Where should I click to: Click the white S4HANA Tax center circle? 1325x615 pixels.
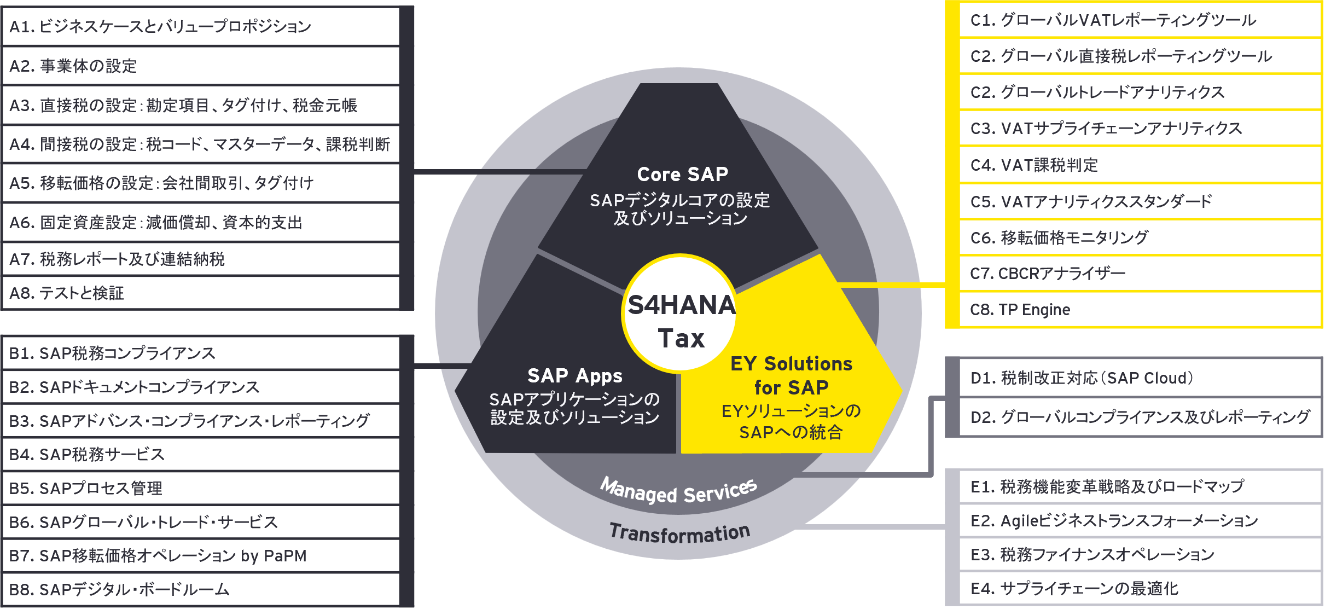(680, 314)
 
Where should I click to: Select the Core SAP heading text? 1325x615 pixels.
(682, 175)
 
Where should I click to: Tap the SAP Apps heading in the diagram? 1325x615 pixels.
(574, 376)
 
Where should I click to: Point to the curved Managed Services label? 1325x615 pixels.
(678, 491)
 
